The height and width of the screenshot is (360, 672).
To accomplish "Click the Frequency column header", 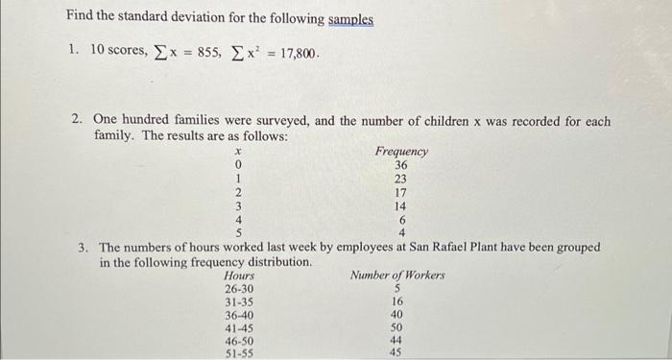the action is coord(401,151).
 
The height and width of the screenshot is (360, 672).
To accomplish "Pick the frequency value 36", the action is coord(401,164).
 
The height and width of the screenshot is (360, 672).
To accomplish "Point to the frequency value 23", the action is coord(401,179).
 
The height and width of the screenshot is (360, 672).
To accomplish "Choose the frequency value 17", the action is coord(401,192).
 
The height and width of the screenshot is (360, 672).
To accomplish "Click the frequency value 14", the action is coord(401,205).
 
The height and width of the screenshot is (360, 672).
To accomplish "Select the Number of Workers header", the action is coord(397,276).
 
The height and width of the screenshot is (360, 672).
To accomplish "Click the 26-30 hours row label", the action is coord(239,289).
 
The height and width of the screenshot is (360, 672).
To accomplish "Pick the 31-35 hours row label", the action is coord(239,301).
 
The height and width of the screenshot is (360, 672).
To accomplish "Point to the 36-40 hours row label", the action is coord(239,314).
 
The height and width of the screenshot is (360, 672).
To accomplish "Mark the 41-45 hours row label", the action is coord(239,326).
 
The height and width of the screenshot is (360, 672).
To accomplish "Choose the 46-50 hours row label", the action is coord(239,340).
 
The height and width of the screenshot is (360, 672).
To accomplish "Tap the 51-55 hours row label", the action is coord(239,352).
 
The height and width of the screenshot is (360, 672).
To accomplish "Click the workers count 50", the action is coord(396,326).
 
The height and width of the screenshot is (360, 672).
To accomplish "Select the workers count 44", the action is coord(396,340).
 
